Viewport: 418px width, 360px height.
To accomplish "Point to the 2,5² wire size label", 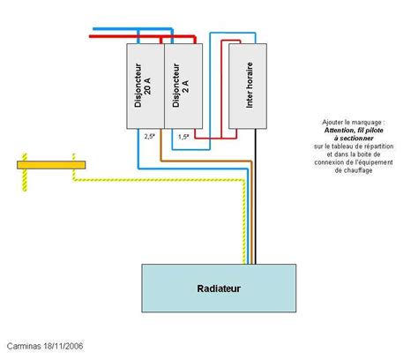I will [x=149, y=137].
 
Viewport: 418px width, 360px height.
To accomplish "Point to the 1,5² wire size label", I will [x=183, y=137].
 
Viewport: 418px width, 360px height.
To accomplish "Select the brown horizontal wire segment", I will [x=203, y=161].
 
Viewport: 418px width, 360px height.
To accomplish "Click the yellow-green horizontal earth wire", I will [x=159, y=180].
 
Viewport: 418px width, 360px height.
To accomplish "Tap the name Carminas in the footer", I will [x=25, y=347].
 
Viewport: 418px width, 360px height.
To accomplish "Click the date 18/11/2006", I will [x=64, y=347].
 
